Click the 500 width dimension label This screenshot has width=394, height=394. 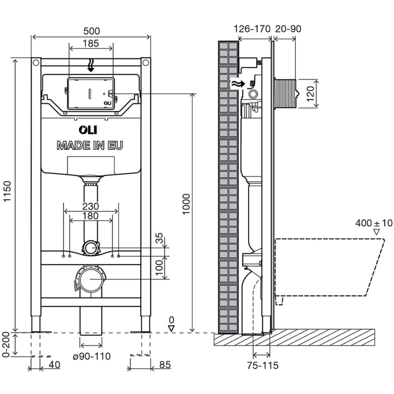(91, 31)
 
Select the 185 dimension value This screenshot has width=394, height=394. (91, 43)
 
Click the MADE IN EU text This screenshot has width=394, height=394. (90, 146)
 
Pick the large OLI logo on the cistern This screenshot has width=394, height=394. (88, 130)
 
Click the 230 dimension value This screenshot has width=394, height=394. (91, 206)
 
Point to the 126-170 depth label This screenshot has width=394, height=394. (252, 29)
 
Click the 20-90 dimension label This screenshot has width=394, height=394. (288, 29)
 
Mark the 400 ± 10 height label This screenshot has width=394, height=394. (374, 223)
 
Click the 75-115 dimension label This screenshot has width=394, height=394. (262, 365)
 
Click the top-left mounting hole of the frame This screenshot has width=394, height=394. (36, 62)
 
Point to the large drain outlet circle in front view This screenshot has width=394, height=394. (90, 279)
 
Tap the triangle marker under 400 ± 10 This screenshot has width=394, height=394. (376, 232)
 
